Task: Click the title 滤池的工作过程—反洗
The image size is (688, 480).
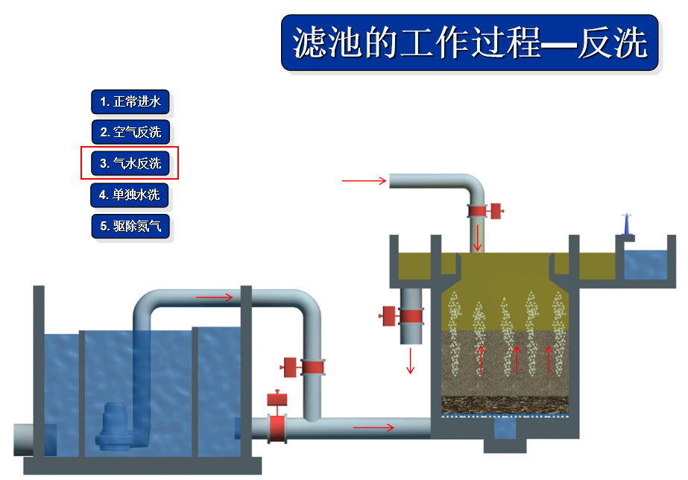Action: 470,43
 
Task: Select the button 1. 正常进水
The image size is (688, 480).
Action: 130,101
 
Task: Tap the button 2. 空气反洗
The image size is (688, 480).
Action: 130,133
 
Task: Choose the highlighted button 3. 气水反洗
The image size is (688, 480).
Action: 130,163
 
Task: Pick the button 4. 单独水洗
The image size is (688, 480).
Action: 130,195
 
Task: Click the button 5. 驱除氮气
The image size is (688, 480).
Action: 130,226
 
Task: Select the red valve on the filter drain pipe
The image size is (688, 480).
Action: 404,315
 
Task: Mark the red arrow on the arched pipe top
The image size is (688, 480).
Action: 215,297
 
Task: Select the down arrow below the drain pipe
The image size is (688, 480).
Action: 409,361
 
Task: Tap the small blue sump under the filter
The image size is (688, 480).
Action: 505,428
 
